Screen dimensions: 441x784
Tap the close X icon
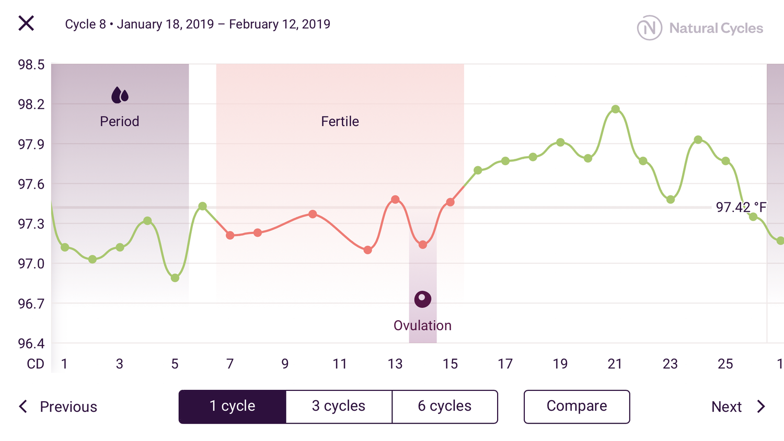(x=26, y=24)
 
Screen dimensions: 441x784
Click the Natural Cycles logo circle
(x=649, y=28)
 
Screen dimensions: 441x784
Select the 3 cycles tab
(x=339, y=406)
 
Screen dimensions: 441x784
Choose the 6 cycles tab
(x=444, y=406)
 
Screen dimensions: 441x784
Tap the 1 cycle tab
(x=232, y=406)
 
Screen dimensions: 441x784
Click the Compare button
(x=577, y=406)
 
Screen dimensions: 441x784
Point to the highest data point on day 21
(x=615, y=109)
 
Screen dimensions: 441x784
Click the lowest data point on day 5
(x=175, y=278)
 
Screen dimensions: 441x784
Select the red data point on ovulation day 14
(x=423, y=245)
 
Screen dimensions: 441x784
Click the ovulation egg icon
(x=422, y=299)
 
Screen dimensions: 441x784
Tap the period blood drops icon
(x=120, y=95)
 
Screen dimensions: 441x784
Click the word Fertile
(x=340, y=121)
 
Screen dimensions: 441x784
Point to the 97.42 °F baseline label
(x=740, y=207)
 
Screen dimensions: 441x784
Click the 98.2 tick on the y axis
(x=31, y=105)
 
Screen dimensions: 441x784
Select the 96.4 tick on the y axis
(x=31, y=343)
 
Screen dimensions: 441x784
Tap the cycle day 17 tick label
(x=505, y=364)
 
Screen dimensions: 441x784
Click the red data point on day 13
(x=395, y=200)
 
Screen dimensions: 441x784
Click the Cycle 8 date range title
(x=198, y=24)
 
